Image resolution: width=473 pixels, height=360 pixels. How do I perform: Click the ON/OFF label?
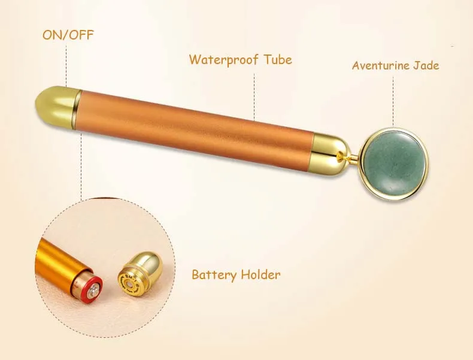pos(68,35)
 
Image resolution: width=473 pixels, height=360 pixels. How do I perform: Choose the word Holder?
pos(260,275)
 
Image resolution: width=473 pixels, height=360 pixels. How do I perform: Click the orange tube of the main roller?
pos(198,127)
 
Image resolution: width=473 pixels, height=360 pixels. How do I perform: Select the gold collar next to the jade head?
pos(331,153)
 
